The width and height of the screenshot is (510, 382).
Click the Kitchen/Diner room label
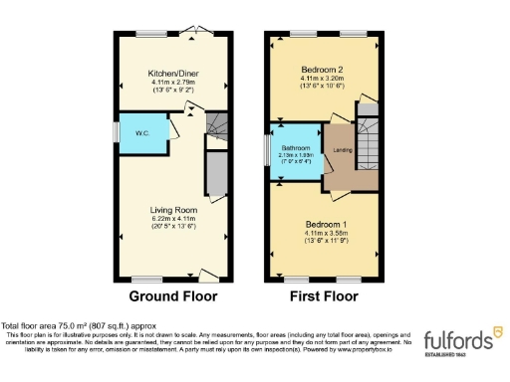point(167,74)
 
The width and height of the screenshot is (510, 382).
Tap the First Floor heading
point(325,295)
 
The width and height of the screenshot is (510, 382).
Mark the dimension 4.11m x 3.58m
point(324,234)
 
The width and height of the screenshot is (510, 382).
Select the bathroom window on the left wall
point(268,150)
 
